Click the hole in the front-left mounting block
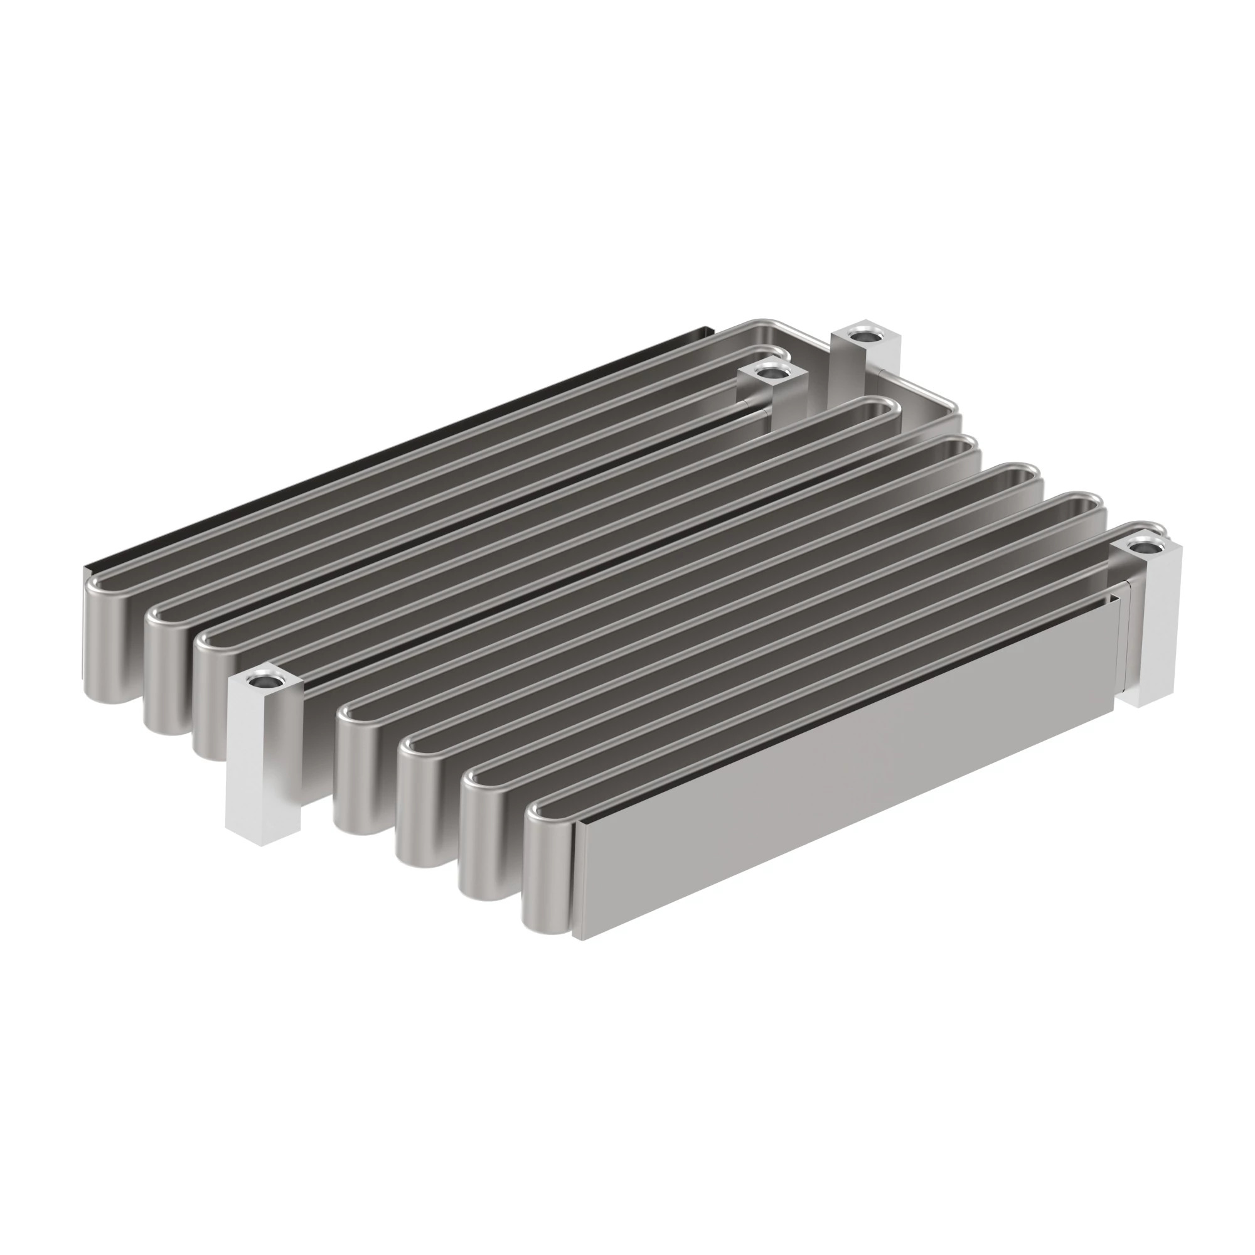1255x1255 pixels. pos(265,683)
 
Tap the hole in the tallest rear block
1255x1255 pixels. pos(863,336)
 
